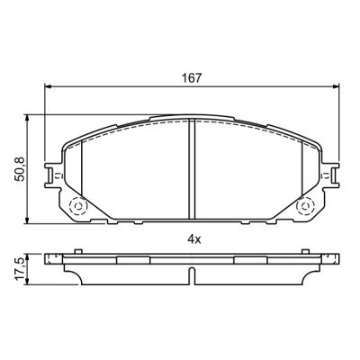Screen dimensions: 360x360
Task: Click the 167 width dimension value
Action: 191,77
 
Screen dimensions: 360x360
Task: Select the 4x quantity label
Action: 192,239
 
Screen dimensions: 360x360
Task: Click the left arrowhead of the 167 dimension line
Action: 49,87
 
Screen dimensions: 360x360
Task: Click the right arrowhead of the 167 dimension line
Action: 334,87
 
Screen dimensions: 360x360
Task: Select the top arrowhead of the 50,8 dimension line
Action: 33,118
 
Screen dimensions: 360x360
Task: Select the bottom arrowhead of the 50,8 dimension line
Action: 33,220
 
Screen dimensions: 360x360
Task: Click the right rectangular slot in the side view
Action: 250,259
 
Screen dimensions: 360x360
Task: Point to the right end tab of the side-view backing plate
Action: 328,260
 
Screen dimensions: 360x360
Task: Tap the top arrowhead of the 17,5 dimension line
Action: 33,256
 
